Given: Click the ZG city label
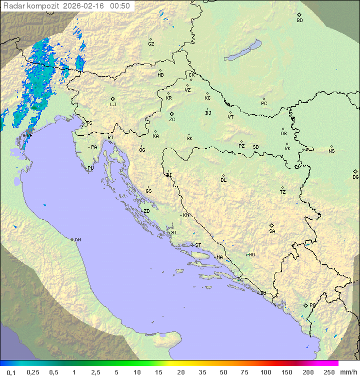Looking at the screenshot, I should point(172,120).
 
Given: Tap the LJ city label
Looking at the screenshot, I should point(113,104).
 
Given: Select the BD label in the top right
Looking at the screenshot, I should point(299,21).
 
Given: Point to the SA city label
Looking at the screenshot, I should point(272,231).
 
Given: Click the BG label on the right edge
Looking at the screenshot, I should point(355,177).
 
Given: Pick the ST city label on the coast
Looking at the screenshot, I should point(198,245).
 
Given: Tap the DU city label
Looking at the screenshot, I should point(262,293).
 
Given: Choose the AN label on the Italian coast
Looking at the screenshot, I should point(77,240).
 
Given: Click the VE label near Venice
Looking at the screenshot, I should point(29,136).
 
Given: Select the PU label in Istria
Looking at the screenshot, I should point(90,168).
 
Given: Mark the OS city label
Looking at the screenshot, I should point(283,134).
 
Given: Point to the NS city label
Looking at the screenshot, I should point(331,151).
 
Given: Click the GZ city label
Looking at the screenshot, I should point(151,44).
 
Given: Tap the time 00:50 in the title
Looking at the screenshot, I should point(120,6).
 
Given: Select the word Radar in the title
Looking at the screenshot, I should point(13,6).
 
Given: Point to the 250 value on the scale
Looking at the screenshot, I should point(329,372).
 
